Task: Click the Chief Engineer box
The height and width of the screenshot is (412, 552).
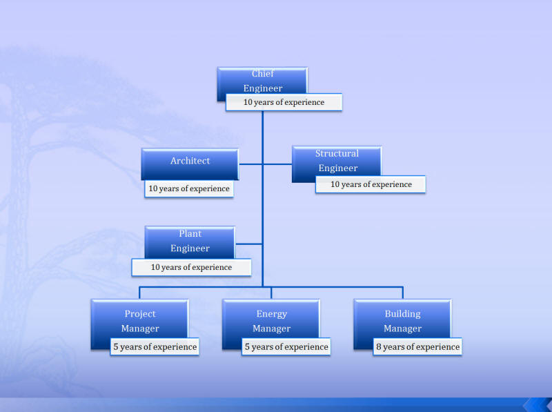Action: click(262, 81)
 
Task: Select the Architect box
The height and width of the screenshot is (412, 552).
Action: click(190, 164)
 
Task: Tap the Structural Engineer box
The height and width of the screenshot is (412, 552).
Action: click(337, 161)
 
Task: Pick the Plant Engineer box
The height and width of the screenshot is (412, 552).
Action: click(190, 242)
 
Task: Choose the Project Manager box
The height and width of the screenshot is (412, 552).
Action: click(139, 320)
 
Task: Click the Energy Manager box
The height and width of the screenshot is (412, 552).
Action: click(271, 320)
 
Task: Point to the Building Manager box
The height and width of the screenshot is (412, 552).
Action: click(402, 320)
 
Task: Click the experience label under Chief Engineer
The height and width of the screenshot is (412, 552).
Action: click(284, 102)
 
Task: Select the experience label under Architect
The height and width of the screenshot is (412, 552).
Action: click(189, 188)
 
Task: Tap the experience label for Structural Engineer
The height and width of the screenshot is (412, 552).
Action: click(371, 184)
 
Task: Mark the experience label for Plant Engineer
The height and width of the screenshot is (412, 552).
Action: click(192, 267)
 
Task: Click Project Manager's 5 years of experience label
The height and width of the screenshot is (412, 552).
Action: click(155, 347)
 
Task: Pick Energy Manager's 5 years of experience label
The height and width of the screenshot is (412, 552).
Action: click(286, 347)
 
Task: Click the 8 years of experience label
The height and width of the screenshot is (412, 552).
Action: click(417, 347)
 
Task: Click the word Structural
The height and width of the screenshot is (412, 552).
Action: click(337, 153)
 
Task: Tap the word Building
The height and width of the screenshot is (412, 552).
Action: click(403, 314)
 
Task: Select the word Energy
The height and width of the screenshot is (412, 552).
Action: click(271, 314)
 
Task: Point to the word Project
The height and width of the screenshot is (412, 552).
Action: click(140, 314)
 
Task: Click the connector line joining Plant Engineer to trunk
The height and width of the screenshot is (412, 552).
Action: click(249, 244)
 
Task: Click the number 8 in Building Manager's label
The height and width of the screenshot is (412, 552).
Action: click(379, 347)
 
